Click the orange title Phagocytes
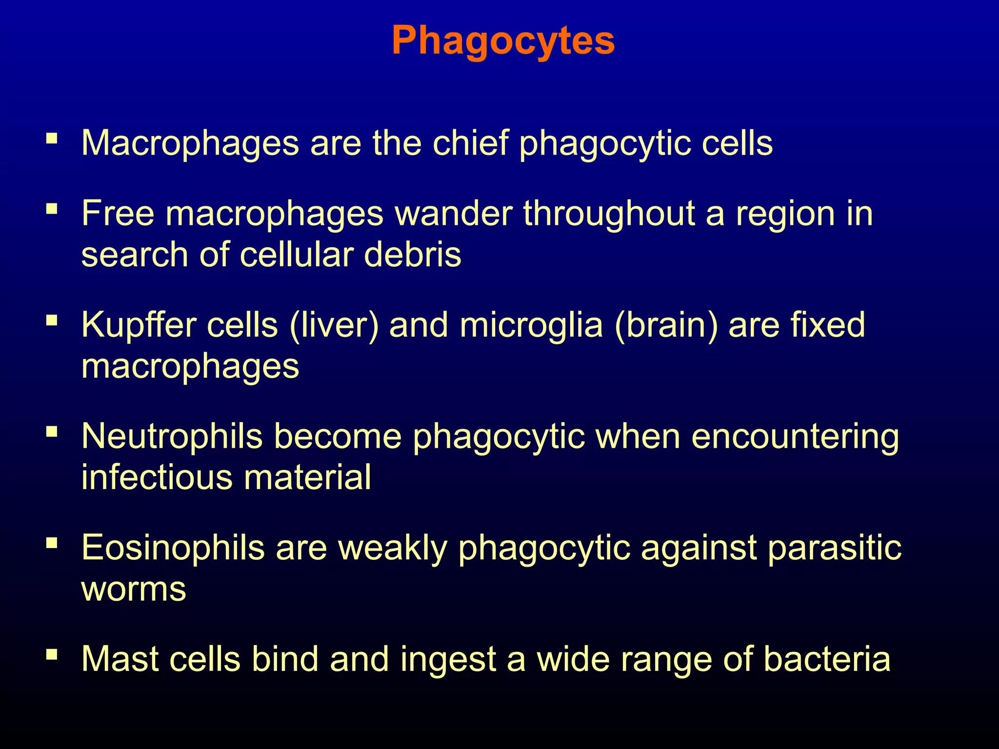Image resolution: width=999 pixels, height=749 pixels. [503, 41]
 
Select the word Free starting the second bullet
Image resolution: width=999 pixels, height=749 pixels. [118, 214]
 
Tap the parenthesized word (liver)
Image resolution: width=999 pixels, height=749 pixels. [334, 325]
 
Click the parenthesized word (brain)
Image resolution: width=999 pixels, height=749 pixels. [666, 325]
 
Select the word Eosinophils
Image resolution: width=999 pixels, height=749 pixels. [173, 547]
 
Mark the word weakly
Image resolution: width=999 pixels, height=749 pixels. [393, 547]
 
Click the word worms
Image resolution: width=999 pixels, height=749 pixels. [134, 589]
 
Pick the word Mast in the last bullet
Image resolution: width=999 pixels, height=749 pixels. [120, 659]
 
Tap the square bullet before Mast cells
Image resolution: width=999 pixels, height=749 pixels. [52, 654]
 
